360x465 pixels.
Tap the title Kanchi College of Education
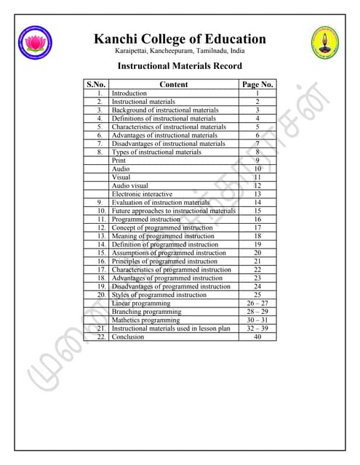(180, 39)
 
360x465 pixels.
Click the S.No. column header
(96, 84)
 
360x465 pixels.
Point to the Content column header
(173, 84)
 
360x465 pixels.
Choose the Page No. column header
(257, 84)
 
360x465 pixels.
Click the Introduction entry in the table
(129, 94)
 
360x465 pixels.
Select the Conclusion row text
(127, 336)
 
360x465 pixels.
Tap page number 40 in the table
(257, 336)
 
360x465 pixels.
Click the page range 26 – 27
(257, 303)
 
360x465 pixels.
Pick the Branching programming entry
(146, 312)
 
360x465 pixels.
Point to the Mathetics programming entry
(145, 320)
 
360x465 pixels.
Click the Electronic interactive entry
(142, 194)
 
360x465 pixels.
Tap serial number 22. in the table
(102, 336)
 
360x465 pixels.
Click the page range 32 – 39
(257, 328)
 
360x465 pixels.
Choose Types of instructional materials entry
(156, 152)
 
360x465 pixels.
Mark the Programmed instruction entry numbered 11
(145, 219)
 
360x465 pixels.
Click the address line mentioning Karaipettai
(180, 52)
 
